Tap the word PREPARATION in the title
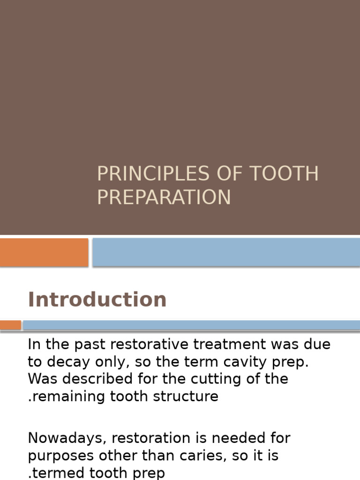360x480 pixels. tap(164, 197)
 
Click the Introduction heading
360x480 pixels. tap(97, 300)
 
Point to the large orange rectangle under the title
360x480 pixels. tap(44, 252)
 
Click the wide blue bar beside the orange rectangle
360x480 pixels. tap(226, 252)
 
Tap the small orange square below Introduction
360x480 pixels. tap(10, 325)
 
